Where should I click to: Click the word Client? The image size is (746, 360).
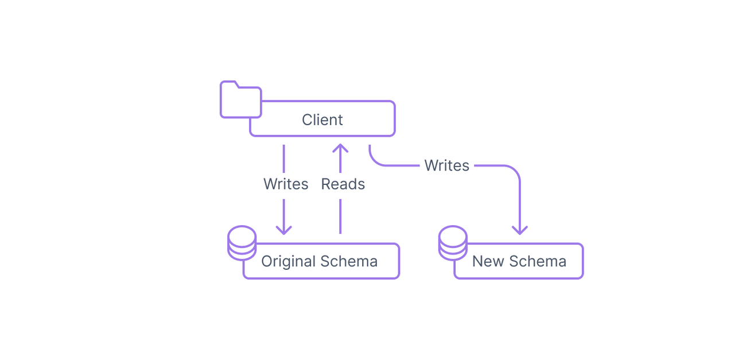322,119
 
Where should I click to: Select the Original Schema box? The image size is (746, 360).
320,261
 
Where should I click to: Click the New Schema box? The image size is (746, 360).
519,261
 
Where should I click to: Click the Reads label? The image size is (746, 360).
343,184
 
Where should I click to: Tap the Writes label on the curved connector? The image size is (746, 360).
446,165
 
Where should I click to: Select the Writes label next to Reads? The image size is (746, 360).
285,184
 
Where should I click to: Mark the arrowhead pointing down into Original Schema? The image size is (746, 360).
284,230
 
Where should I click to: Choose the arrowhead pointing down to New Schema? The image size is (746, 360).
519,230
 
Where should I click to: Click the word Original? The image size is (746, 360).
288,261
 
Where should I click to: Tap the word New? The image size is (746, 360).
488,261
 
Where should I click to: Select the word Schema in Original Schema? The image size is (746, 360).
349,261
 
